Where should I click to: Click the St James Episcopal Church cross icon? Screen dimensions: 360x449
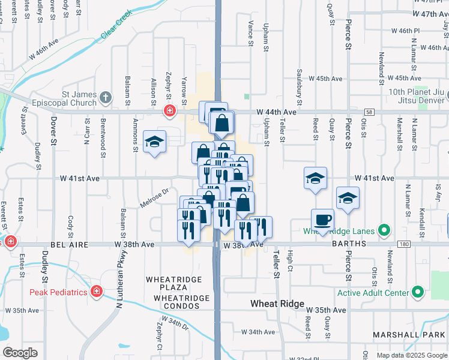coord(106,97)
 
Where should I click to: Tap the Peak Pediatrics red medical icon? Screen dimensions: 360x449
coord(97,292)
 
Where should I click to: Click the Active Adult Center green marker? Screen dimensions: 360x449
coord(418,293)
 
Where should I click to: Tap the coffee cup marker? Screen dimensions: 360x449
coord(322,220)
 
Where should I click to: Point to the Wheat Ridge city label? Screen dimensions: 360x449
coord(277,304)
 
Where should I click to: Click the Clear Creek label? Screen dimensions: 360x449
coord(116,28)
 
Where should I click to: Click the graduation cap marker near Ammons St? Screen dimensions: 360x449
coord(155,142)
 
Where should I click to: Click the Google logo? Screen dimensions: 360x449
coord(20,353)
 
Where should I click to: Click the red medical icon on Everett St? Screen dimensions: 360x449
coord(10,242)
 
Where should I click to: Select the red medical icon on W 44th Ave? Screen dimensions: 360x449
coord(170,110)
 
